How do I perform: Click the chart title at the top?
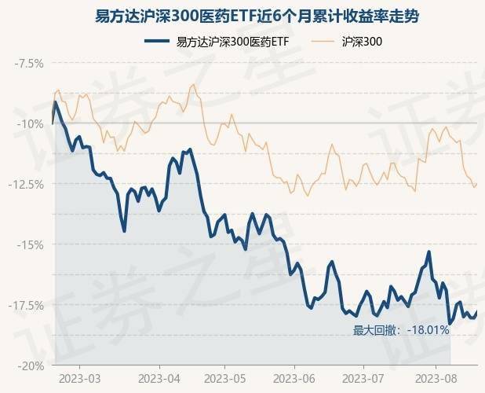(x=242, y=16)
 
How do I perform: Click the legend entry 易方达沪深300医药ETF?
(x=228, y=41)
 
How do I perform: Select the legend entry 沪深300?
(x=363, y=41)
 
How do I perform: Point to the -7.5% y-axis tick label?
(x=29, y=63)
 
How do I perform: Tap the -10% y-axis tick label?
(x=32, y=123)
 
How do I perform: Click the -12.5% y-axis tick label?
(x=27, y=184)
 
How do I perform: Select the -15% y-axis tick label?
(x=32, y=244)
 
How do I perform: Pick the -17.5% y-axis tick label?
(x=27, y=305)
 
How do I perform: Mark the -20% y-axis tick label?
(x=32, y=365)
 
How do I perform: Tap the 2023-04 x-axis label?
(x=159, y=378)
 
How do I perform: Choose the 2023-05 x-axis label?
(x=224, y=378)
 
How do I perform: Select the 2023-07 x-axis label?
(x=363, y=378)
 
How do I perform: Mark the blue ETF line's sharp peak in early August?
(x=428, y=252)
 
